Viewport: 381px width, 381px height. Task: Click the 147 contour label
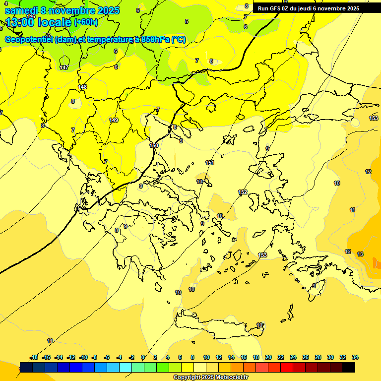click(x=64, y=67)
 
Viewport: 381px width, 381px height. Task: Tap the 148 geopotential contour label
click(x=82, y=87)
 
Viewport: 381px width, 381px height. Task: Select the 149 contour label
click(x=114, y=120)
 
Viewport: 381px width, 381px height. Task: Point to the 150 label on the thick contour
click(x=154, y=145)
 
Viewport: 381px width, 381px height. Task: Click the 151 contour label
click(x=210, y=163)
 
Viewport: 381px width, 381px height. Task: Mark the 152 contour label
click(x=243, y=192)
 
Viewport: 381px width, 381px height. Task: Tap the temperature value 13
click(x=360, y=254)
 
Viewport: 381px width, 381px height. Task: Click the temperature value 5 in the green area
click(x=187, y=21)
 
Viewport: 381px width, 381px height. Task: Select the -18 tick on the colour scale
click(x=34, y=357)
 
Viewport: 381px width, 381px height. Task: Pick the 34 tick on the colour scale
click(x=355, y=357)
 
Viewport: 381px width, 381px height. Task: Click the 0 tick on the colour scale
click(x=143, y=357)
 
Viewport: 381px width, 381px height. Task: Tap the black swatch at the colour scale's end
click(x=349, y=367)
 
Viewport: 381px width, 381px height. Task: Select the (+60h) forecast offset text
click(x=86, y=22)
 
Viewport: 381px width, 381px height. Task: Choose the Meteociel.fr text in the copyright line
click(x=230, y=378)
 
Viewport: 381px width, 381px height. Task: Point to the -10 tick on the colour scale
click(x=83, y=357)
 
